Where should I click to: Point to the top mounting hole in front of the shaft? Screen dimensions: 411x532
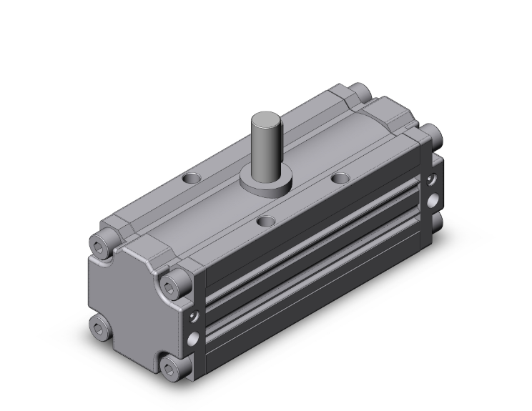[x=267, y=222]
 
